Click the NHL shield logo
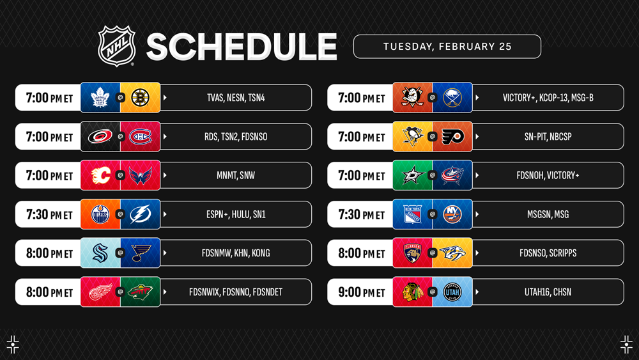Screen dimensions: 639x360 point(116,46)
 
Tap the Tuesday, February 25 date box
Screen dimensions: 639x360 point(447,47)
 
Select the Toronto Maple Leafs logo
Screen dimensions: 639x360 point(100,97)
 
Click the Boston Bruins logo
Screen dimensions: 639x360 point(140,97)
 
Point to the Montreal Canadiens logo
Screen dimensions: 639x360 point(140,137)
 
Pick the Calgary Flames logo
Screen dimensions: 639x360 point(100,175)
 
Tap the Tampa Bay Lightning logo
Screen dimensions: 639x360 point(140,214)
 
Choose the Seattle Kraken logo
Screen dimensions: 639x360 point(100,253)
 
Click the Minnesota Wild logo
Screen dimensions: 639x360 point(140,292)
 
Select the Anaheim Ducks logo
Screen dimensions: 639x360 point(412,97)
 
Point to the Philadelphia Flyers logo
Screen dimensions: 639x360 point(452,137)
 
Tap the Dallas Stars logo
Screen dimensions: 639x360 point(412,175)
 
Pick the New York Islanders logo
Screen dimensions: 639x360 point(452,214)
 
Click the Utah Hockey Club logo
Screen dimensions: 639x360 point(452,292)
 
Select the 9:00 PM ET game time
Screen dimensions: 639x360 point(361,292)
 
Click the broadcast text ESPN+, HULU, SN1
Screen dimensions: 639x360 point(236,214)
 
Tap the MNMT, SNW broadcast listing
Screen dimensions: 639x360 point(236,175)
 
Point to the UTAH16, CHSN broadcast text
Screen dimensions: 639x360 point(548,292)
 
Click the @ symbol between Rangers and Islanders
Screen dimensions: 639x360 point(433,214)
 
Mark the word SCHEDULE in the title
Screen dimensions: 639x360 point(242,47)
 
